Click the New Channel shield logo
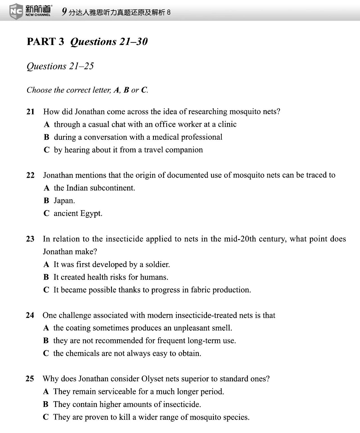(x=16, y=11)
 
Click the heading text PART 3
(x=45, y=42)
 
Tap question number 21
(x=30, y=112)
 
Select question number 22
(x=30, y=175)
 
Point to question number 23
(x=30, y=239)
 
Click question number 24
(x=30, y=315)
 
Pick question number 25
(x=30, y=379)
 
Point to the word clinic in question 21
(x=227, y=124)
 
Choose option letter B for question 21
(x=47, y=137)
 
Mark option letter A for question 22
(x=47, y=188)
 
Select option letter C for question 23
(x=46, y=290)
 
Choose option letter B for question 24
(x=46, y=341)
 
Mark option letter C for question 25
(x=46, y=417)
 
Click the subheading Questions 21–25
(x=60, y=66)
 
